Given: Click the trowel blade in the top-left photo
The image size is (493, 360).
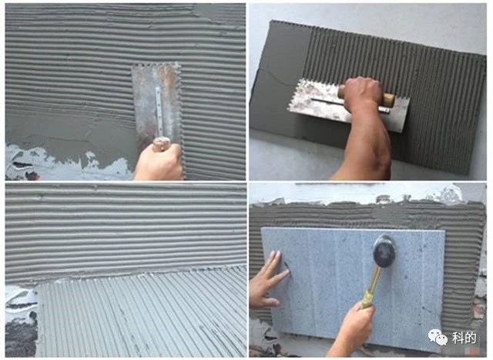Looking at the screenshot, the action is tap(156, 101).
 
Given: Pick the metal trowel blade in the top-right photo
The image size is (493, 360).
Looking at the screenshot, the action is tap(349, 104).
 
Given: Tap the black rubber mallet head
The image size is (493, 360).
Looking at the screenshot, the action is tap(384, 251).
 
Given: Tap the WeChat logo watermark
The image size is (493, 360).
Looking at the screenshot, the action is tap(438, 337).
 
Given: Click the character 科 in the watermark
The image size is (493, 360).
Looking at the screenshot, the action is tap(458, 338).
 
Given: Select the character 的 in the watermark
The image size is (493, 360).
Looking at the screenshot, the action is tap(471, 338).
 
